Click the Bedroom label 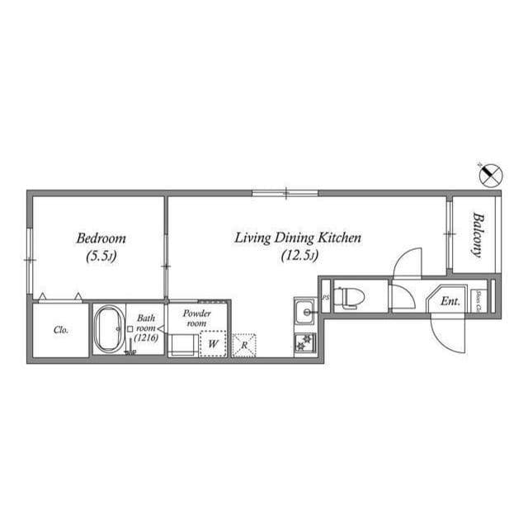[x=100, y=238]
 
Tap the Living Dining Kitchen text [x=298, y=238]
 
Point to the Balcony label [x=477, y=234]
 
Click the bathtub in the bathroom [x=108, y=330]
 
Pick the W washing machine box [x=213, y=343]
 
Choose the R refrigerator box [x=245, y=343]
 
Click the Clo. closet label [x=60, y=330]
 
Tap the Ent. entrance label [x=450, y=302]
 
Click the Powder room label [x=197, y=318]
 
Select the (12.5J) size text [x=298, y=256]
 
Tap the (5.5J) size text [x=100, y=257]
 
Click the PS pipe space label [x=325, y=298]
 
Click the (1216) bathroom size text [x=147, y=338]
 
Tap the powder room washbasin [x=181, y=344]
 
